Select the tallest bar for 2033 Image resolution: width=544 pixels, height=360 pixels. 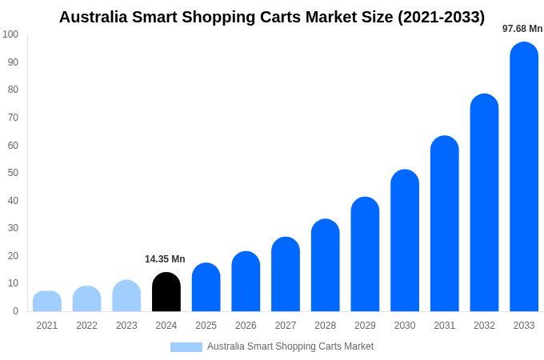(524, 177)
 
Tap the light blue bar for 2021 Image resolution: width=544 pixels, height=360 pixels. (47, 302)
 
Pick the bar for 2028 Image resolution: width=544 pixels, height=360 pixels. (326, 266)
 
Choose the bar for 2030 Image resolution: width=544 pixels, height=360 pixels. (405, 241)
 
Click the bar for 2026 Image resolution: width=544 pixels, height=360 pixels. (246, 282)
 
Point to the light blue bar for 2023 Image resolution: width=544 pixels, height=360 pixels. (126, 296)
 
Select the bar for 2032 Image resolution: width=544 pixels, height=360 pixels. (484, 203)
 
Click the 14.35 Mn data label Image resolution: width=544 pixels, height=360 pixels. (165, 259)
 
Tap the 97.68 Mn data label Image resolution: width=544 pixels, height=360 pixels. (522, 29)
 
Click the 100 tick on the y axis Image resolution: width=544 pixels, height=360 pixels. (10, 34)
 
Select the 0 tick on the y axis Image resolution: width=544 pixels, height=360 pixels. (15, 311)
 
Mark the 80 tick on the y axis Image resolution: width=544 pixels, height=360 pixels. (13, 90)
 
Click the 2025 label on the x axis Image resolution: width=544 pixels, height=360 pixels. (206, 326)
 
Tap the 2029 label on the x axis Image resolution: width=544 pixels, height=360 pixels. (365, 326)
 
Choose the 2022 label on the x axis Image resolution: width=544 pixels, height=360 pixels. (86, 326)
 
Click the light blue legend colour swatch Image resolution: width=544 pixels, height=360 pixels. (186, 346)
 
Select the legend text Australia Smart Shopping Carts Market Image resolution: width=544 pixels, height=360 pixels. (290, 346)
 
